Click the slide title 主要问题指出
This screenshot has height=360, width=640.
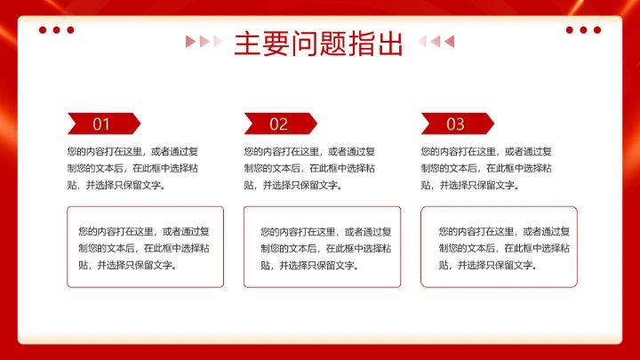coord(319,43)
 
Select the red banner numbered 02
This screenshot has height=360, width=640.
coord(279,124)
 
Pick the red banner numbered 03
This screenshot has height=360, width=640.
coord(456,124)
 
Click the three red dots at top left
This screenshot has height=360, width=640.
coord(56,30)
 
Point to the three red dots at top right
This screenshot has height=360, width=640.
coord(583,30)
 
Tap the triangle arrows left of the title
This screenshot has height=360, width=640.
coord(204,41)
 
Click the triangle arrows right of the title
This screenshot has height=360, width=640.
coord(436,41)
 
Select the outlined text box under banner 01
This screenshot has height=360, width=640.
coord(145,247)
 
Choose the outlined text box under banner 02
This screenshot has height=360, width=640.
coord(322,247)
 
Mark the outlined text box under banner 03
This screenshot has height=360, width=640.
coord(499,247)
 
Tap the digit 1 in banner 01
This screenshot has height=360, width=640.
coord(107,124)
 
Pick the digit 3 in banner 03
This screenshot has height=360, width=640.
coord(460,124)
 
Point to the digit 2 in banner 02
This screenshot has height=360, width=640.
coord(284,124)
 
